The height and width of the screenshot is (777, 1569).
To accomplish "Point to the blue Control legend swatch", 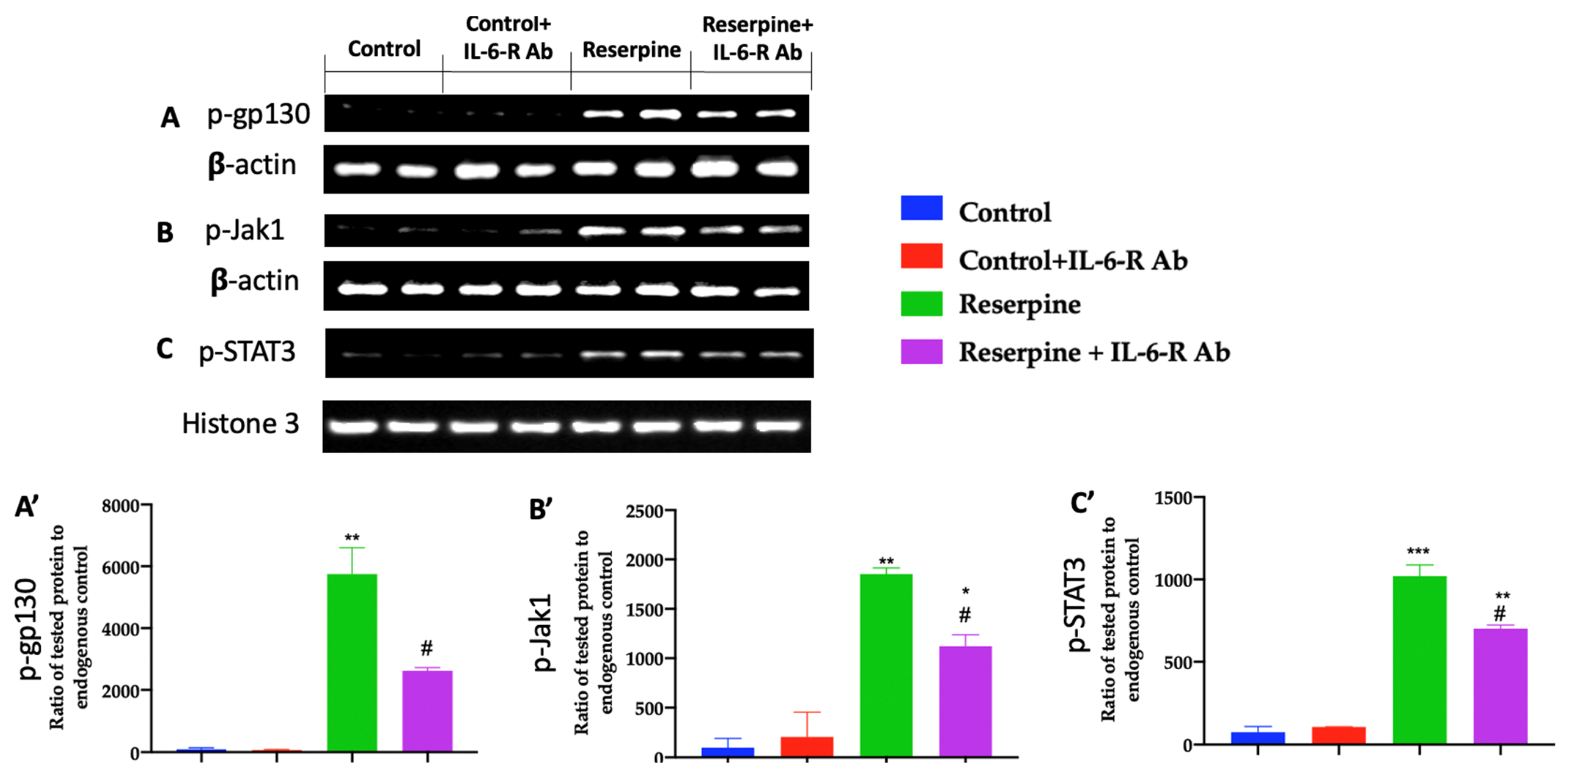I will (921, 208).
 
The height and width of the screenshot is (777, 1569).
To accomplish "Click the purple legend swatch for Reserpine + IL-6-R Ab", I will (921, 352).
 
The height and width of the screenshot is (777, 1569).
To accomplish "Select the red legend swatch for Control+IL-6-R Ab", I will (921, 256).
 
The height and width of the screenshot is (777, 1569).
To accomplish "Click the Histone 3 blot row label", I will (240, 424).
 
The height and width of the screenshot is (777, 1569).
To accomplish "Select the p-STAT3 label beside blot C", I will (247, 352).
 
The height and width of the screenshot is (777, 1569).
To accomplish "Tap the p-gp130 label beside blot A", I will (258, 114).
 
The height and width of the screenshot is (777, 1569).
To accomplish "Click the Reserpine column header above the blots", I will (631, 50).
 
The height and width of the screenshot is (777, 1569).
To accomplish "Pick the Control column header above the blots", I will (384, 49).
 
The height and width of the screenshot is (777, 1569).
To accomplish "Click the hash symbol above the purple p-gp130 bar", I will (426, 648).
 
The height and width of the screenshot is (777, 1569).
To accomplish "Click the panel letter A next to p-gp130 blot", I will (170, 118).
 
